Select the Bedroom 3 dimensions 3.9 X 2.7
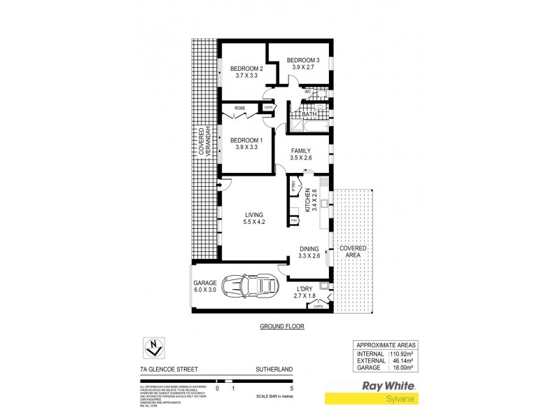[x=303, y=68]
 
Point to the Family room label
[x=301, y=150]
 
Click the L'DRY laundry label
[x=304, y=290]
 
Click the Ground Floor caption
[x=281, y=327]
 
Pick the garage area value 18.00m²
[x=403, y=366]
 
